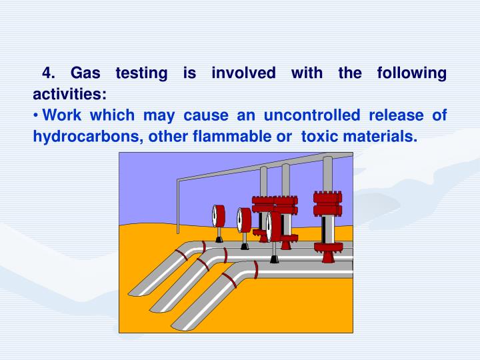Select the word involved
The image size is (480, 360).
243,73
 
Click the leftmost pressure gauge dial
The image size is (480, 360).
217,215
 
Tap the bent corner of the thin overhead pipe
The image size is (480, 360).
179,179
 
